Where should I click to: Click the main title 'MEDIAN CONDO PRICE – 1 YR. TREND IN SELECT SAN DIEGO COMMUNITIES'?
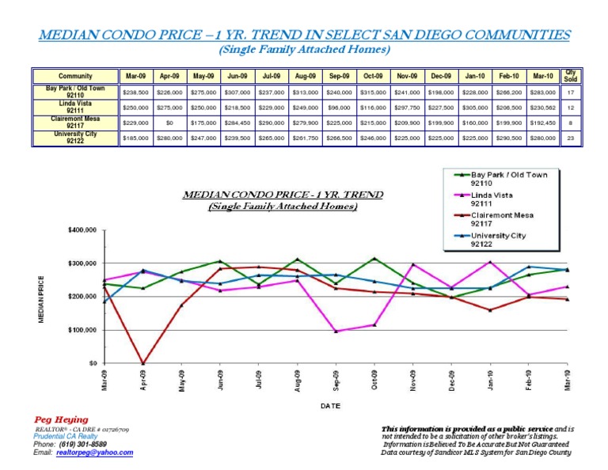point(304,36)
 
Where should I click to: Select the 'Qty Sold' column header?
point(570,76)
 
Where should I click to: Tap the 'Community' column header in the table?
point(75,76)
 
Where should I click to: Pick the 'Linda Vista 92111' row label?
point(75,107)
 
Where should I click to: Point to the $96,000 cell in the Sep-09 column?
point(340,107)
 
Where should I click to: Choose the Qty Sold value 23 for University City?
point(570,138)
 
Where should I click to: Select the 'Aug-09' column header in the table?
point(306,76)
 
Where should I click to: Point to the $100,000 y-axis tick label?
point(83,330)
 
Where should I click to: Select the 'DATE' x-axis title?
point(331,405)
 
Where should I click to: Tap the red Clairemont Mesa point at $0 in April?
point(143,363)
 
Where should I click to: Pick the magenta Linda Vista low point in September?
point(336,332)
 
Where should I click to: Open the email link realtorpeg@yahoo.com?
point(95,453)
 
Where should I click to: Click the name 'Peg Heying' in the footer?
point(61,419)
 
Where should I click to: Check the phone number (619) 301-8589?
point(82,444)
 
